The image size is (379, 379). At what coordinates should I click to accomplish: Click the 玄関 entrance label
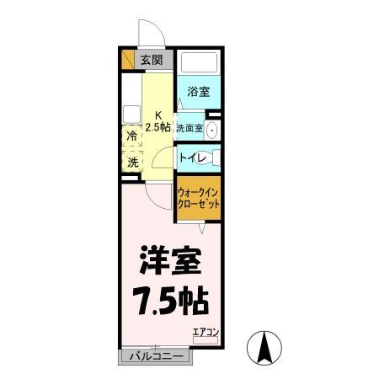[152, 60]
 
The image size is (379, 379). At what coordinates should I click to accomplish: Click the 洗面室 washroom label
[189, 129]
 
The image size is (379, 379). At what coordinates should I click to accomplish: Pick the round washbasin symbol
[212, 130]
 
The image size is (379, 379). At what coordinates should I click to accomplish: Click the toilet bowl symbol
[214, 157]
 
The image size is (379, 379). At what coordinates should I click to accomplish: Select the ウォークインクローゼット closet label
[200, 198]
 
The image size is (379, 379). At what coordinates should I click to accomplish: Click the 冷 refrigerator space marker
[132, 135]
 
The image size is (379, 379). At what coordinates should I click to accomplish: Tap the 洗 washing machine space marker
[132, 162]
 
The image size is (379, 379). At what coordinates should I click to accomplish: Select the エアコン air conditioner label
[205, 331]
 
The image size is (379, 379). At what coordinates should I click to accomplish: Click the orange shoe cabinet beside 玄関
[128, 60]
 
